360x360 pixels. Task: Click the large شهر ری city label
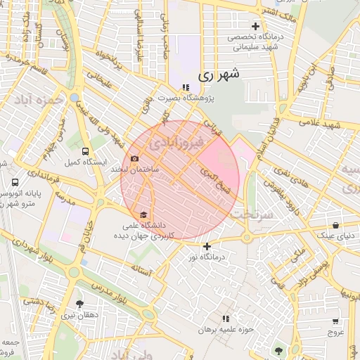coord(219,73)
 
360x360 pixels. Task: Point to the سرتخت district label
coord(251,214)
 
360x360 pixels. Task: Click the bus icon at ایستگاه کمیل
coord(86,151)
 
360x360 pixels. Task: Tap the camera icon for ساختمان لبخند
coord(134,159)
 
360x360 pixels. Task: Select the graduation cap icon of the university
coord(144,214)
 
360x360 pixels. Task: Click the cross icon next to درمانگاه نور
coord(207,246)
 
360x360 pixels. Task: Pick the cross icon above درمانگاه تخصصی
coord(256,27)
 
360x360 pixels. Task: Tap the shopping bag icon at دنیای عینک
coord(335,226)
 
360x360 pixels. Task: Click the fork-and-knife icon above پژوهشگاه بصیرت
coord(186,88)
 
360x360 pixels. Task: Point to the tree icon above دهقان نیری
coord(79,304)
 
